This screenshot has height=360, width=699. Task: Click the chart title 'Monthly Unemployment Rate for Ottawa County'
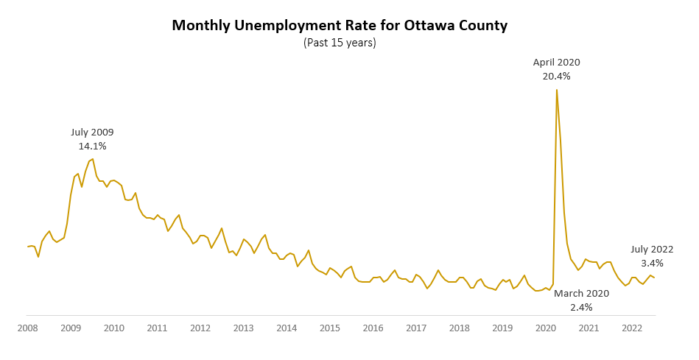click(x=340, y=26)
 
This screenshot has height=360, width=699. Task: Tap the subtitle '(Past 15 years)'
click(x=340, y=43)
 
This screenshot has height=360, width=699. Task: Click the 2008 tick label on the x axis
click(x=27, y=328)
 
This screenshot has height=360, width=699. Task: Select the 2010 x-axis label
click(x=113, y=328)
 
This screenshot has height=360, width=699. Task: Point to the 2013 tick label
click(x=243, y=328)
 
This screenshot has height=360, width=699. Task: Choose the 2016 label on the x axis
click(x=373, y=328)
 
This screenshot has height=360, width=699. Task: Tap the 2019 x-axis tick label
click(x=502, y=328)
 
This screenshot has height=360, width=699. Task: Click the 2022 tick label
click(x=632, y=328)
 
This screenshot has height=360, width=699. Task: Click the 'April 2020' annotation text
click(x=556, y=63)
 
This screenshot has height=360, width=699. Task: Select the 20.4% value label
click(x=556, y=76)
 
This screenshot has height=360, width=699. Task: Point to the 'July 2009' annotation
click(x=92, y=133)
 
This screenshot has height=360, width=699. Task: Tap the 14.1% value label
click(x=92, y=146)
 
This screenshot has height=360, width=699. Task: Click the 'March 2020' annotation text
click(x=581, y=294)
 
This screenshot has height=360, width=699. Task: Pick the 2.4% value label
click(x=581, y=307)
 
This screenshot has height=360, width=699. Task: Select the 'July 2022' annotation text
click(x=652, y=250)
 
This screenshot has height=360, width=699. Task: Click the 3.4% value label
click(x=652, y=263)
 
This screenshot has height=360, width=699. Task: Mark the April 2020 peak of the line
click(x=556, y=90)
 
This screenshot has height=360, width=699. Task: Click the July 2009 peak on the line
click(x=93, y=158)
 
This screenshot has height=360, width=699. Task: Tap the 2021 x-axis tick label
click(x=589, y=328)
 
